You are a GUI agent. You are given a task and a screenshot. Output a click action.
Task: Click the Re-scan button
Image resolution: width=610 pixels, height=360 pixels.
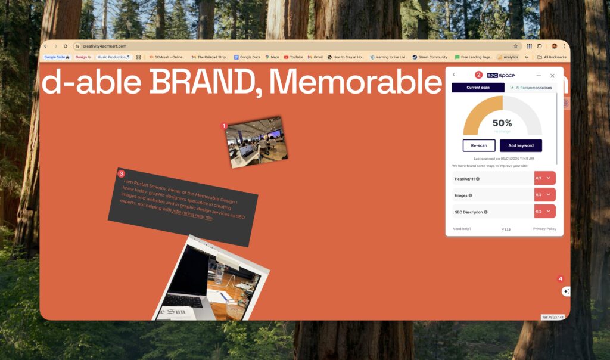(x=479, y=145)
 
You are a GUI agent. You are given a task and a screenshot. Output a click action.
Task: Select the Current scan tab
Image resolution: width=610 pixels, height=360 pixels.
(x=478, y=88)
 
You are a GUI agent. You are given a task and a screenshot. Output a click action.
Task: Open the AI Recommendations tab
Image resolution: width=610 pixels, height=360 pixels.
(x=530, y=88)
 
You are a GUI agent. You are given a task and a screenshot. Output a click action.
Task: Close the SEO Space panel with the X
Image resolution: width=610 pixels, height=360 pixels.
(x=552, y=76)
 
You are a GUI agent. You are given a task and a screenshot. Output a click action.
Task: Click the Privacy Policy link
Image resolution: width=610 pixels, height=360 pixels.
(x=544, y=229)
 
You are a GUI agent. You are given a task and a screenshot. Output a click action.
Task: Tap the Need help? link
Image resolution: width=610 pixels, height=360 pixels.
(x=462, y=229)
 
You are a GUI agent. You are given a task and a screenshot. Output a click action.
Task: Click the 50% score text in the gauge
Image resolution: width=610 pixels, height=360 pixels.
(x=502, y=123)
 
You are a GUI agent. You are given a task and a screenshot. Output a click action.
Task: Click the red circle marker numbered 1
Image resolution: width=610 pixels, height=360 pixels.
(x=224, y=126)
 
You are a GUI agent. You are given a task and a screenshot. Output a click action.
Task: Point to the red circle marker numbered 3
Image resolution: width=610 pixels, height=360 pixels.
(x=122, y=173)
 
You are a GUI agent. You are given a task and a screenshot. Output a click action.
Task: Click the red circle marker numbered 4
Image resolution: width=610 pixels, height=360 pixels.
(x=560, y=278)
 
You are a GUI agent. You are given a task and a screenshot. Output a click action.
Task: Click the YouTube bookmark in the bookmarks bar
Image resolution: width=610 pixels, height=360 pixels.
(x=293, y=57)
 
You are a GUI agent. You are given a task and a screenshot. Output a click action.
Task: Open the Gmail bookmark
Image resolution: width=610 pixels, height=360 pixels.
(x=315, y=57)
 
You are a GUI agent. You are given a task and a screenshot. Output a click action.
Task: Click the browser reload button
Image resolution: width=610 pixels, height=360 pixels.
(x=66, y=46)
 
